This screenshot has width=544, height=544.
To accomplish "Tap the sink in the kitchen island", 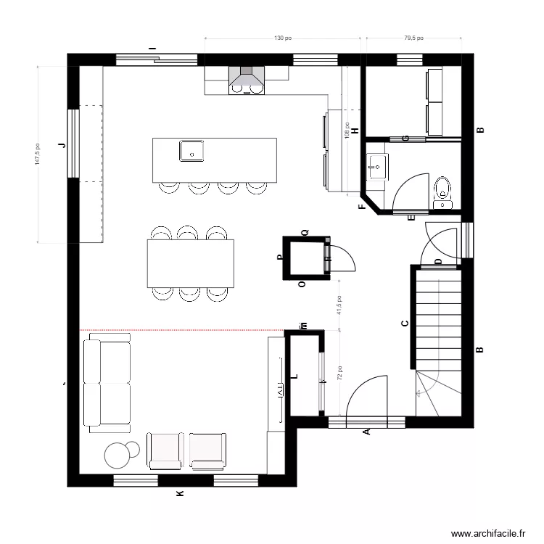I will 192,151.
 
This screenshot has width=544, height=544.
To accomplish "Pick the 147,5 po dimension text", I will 38,154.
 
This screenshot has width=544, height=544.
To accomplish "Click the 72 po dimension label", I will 338,373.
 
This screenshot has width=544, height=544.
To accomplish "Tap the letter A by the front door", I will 366,432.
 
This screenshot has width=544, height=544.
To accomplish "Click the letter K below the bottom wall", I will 180,494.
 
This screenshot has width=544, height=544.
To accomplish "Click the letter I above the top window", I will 152,49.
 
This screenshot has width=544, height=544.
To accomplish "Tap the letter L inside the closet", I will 294,376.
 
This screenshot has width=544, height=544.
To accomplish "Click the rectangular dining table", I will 191,263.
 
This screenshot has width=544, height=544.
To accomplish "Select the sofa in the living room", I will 107,382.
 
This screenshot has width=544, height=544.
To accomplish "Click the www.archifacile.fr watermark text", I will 487,533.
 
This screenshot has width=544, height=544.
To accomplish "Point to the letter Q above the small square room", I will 305,232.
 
